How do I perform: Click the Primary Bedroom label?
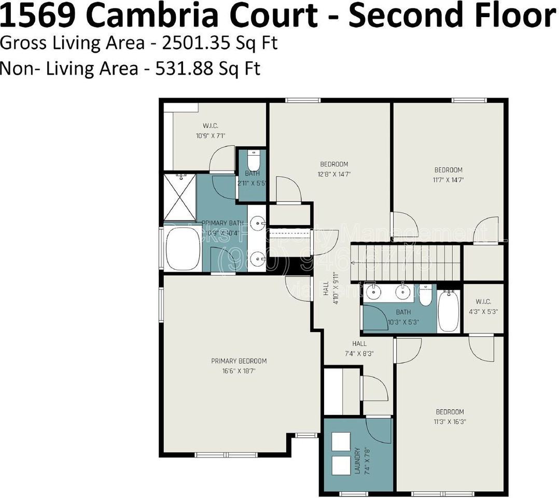[239, 361]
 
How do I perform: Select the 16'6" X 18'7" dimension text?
[239, 371]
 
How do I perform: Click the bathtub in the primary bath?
[183, 248]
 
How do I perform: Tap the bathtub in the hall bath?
[449, 311]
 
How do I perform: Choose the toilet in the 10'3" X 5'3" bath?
[425, 296]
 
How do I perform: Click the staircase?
[406, 262]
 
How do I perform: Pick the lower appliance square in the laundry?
[341, 466]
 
